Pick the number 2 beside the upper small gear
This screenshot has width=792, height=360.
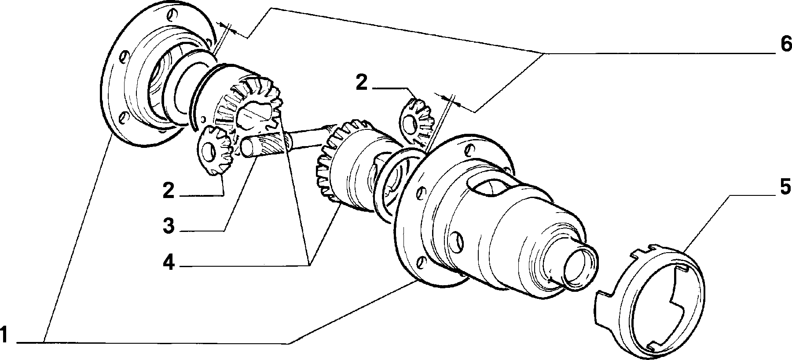click(x=361, y=83)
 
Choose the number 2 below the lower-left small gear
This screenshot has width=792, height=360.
click(x=169, y=191)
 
